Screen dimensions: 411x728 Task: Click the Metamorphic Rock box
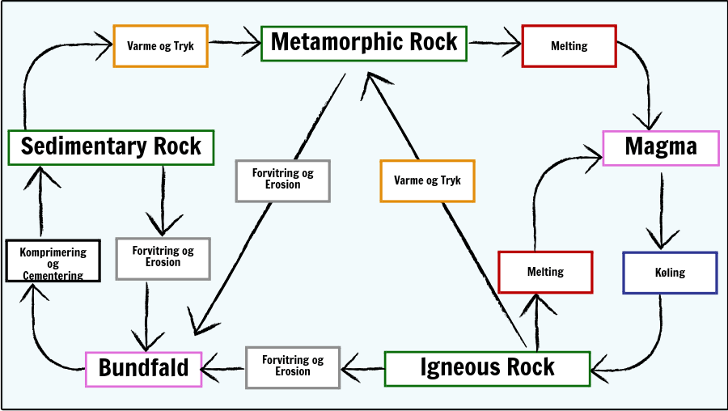(364, 42)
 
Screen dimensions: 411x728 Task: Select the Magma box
(661, 147)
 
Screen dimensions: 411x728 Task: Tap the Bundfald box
(143, 368)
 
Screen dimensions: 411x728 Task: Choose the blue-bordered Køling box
(669, 273)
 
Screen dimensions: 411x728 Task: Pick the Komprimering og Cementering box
(53, 261)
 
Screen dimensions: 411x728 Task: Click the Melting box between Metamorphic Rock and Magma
(569, 46)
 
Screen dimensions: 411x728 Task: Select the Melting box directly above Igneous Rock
(545, 272)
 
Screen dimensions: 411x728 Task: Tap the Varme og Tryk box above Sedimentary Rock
(160, 46)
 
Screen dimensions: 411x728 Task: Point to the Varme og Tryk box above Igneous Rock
(427, 180)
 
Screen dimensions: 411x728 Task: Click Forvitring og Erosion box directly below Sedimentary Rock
(163, 257)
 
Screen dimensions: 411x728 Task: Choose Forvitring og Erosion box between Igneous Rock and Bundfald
(293, 367)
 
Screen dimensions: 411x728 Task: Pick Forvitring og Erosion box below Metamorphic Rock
(282, 180)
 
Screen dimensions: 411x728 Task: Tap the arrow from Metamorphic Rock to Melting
(494, 41)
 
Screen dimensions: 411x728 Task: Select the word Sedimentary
(78, 146)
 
